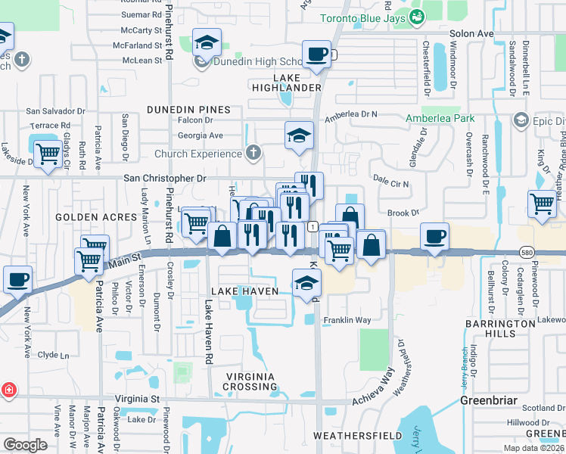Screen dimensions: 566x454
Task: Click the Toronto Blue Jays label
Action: [x=362, y=18]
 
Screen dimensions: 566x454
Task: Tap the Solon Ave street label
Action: [x=471, y=34]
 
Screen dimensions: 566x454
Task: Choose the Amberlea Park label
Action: [x=440, y=119]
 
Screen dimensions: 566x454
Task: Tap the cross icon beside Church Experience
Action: [x=253, y=154]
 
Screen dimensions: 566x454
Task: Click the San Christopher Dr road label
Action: [x=164, y=179]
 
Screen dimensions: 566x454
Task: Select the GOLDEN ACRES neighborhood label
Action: [x=84, y=216]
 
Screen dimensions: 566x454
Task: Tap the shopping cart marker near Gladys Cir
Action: [x=48, y=154]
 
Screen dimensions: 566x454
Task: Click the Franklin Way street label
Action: [x=347, y=320]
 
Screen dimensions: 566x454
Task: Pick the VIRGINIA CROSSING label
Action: [x=250, y=381]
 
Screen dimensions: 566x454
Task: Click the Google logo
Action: [x=26, y=445]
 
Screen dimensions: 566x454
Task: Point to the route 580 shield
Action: [x=527, y=250]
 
